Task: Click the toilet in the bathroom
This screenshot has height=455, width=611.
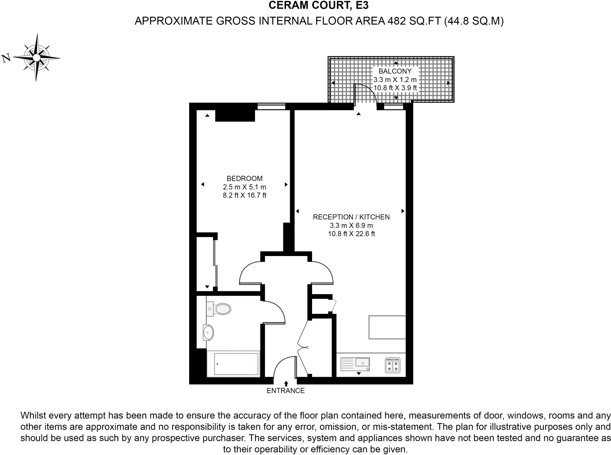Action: pyautogui.click(x=220, y=309)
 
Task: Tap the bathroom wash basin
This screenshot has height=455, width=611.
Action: pyautogui.click(x=208, y=332)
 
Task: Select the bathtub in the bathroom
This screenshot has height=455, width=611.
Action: pyautogui.click(x=236, y=364)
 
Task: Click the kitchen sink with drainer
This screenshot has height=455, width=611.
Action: pyautogui.click(x=355, y=364)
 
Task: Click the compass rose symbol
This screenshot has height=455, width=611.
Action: pyautogui.click(x=36, y=57)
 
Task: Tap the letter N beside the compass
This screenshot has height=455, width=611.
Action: pyautogui.click(x=6, y=58)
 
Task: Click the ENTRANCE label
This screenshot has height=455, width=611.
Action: pyautogui.click(x=286, y=391)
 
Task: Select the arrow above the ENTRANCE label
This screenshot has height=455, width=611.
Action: pyautogui.click(x=286, y=383)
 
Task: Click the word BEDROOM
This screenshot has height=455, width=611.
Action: pyautogui.click(x=245, y=178)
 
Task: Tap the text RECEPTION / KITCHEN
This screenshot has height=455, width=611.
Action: pyautogui.click(x=351, y=217)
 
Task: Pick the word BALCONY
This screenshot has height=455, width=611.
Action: pyautogui.click(x=395, y=71)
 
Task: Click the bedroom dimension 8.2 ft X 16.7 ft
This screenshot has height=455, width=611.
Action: pyautogui.click(x=245, y=195)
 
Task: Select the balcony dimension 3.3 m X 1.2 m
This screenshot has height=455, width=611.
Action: pyautogui.click(x=395, y=80)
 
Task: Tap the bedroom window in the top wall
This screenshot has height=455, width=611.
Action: pyautogui.click(x=271, y=106)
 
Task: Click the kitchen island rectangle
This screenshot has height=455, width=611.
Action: pyautogui.click(x=387, y=327)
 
